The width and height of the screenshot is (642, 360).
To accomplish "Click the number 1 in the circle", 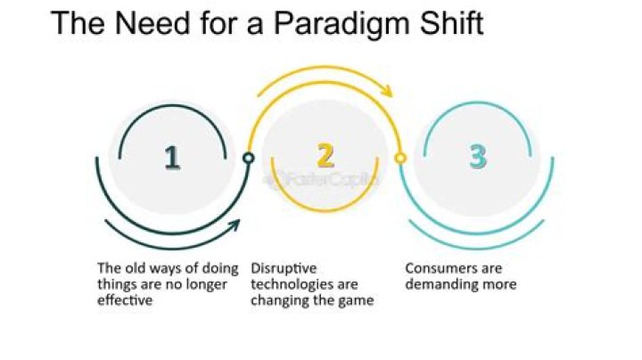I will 172,158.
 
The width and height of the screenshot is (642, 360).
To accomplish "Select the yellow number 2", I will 325,156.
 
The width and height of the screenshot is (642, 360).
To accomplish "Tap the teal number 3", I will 479,157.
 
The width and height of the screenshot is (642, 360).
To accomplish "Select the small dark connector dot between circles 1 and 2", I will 249,158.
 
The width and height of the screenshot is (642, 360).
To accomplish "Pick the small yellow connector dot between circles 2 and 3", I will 401,158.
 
